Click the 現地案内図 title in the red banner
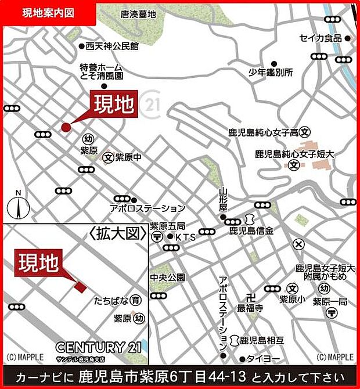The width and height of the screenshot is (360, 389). click(x=48, y=13)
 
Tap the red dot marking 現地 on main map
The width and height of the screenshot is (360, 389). click(x=66, y=127)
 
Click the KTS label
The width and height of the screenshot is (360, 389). click(x=185, y=237)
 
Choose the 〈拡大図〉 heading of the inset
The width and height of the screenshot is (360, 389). click(x=116, y=233)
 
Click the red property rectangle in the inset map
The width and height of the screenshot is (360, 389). click(x=80, y=286)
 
